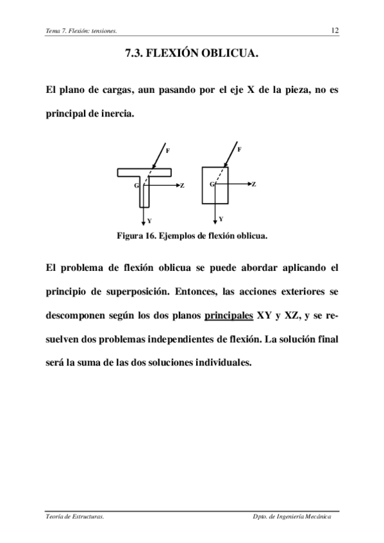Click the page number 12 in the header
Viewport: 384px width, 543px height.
coord(335,30)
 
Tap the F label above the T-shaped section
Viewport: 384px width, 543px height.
coord(168,150)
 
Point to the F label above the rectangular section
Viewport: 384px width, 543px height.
coord(239,149)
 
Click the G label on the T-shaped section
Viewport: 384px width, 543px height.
coord(137,185)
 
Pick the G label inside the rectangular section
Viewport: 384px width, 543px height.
coord(212,184)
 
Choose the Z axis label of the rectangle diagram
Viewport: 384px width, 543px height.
coord(254,184)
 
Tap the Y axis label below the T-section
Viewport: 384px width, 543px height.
coord(149,220)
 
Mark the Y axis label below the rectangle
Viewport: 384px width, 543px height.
coord(221,218)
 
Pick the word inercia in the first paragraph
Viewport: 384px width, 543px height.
coord(116,115)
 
